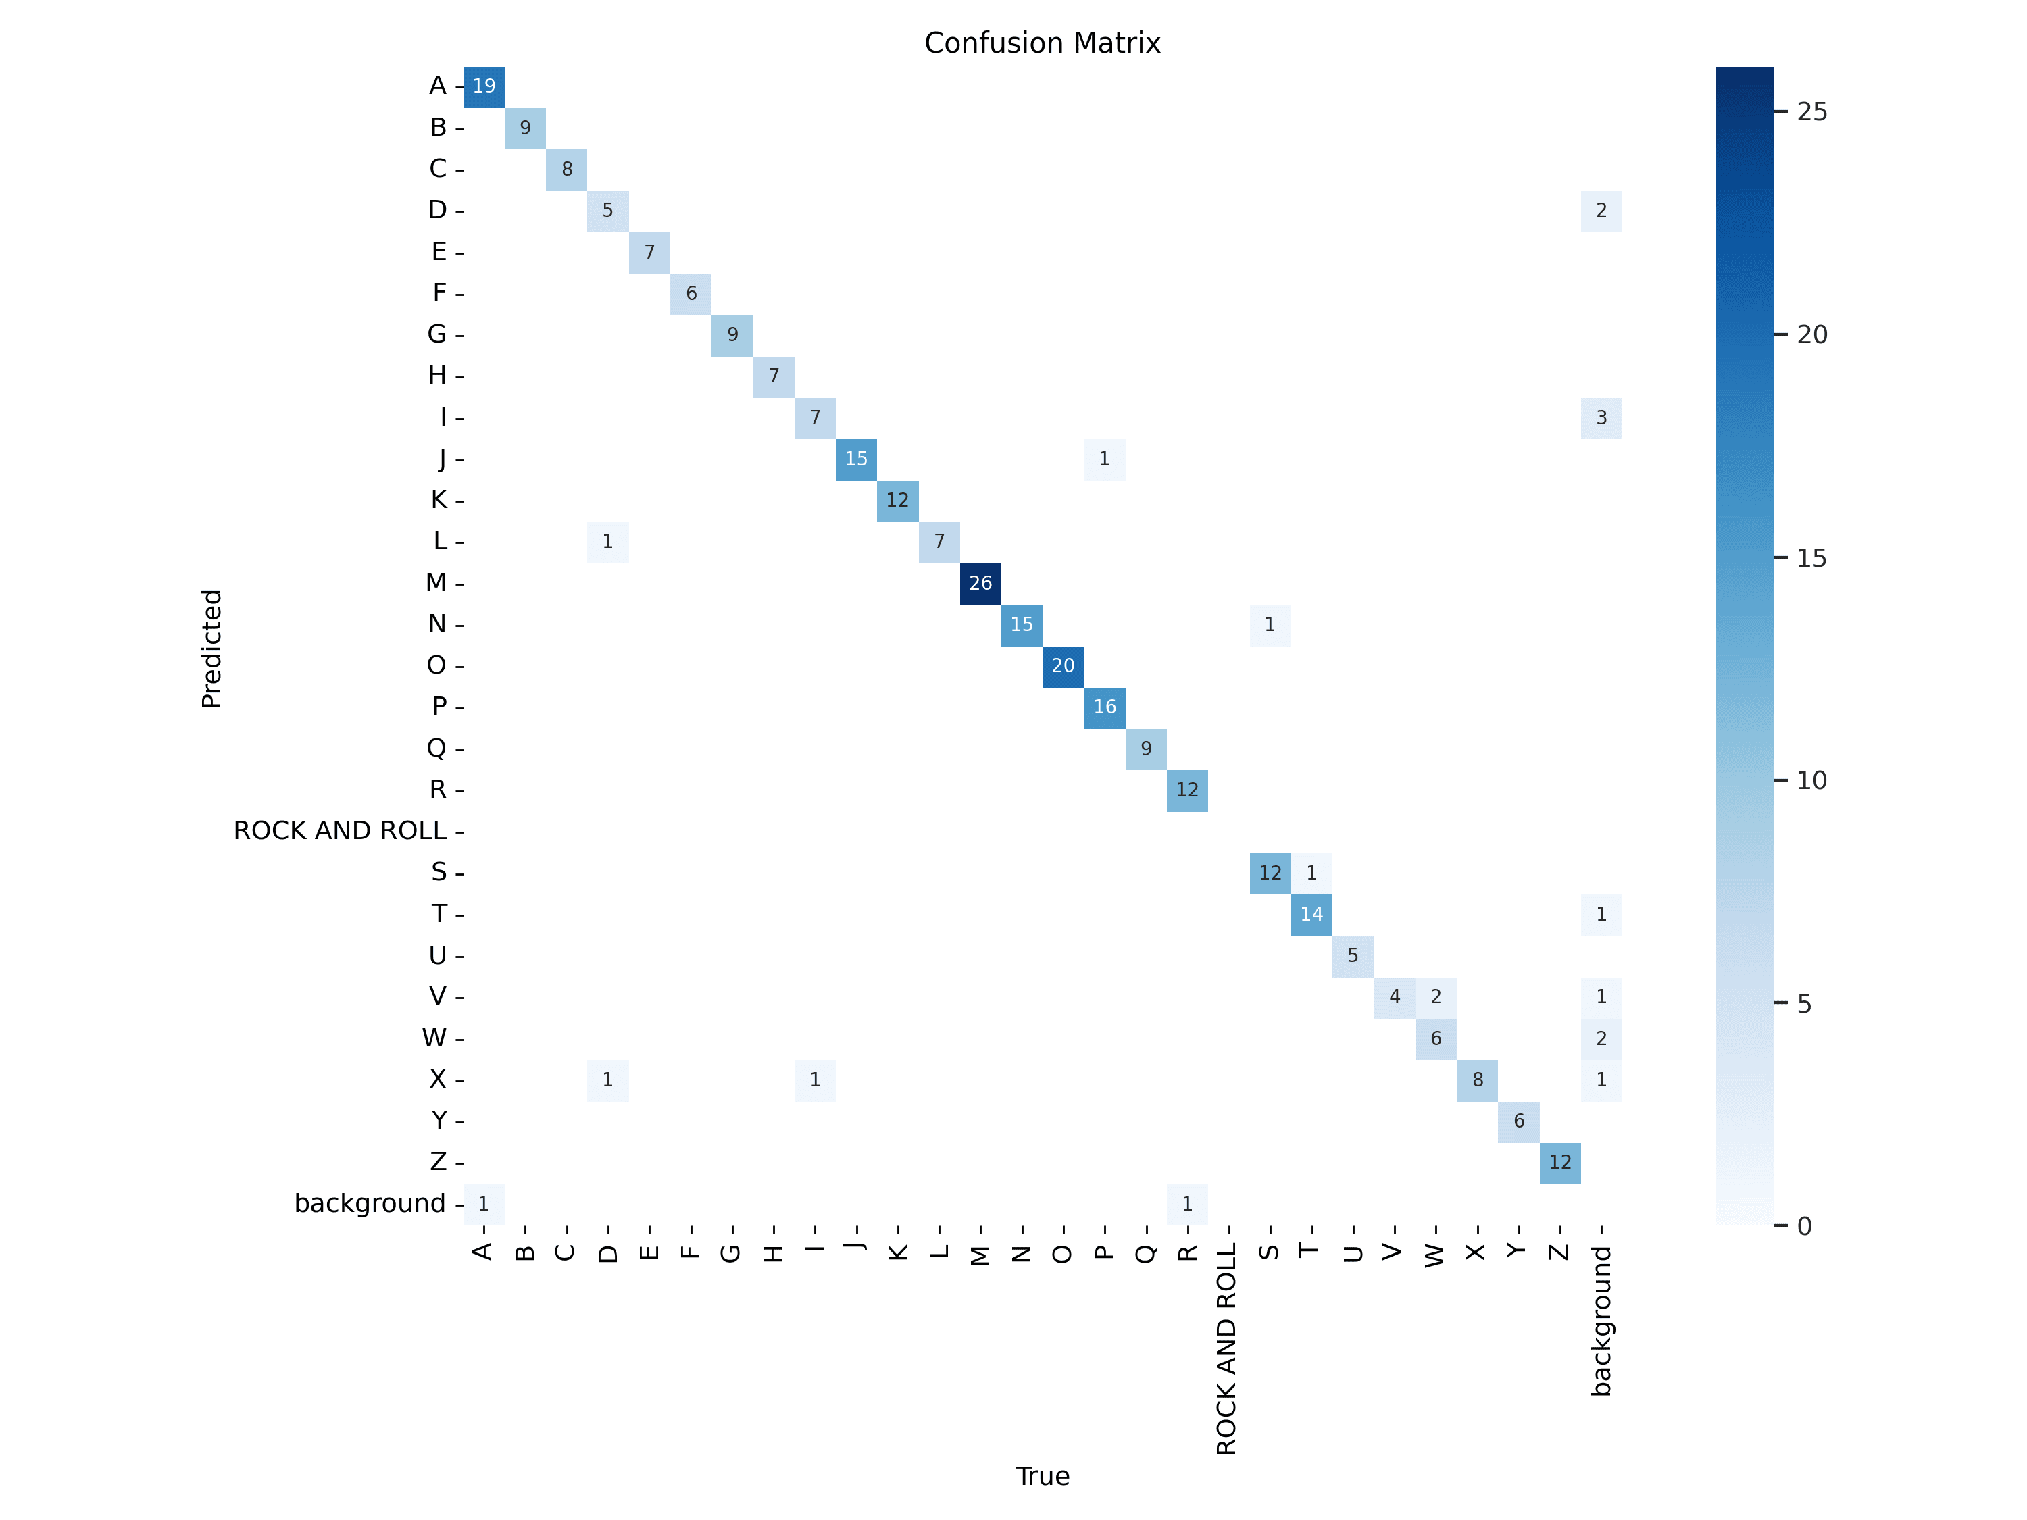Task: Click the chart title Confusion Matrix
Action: click(1042, 43)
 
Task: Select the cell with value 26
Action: click(980, 584)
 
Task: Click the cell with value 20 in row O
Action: click(1063, 666)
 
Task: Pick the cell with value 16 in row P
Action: click(1104, 707)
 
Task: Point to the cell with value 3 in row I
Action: click(1601, 417)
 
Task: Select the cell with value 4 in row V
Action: click(1394, 997)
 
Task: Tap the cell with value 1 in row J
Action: click(1104, 459)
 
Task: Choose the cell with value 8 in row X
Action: click(1477, 1080)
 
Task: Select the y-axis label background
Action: click(370, 1203)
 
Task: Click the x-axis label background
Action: click(1601, 1320)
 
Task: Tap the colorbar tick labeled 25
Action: click(1811, 111)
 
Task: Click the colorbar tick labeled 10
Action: click(1811, 781)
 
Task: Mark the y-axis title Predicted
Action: click(211, 649)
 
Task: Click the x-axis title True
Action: click(1042, 1476)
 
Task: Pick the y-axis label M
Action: click(436, 583)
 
